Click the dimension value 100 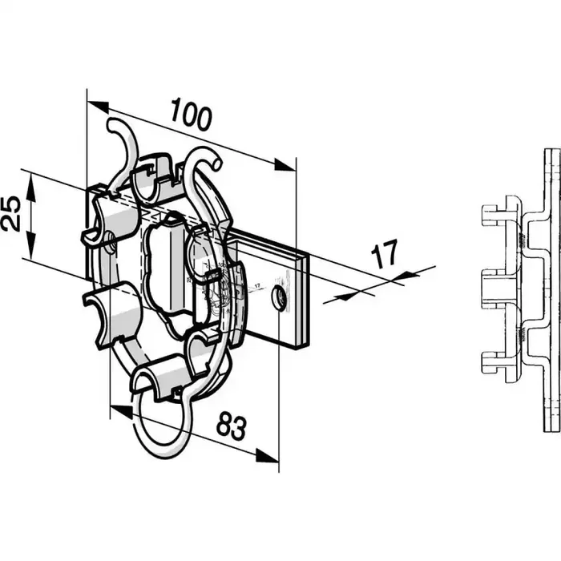[x=190, y=116]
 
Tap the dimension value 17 [x=385, y=256]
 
